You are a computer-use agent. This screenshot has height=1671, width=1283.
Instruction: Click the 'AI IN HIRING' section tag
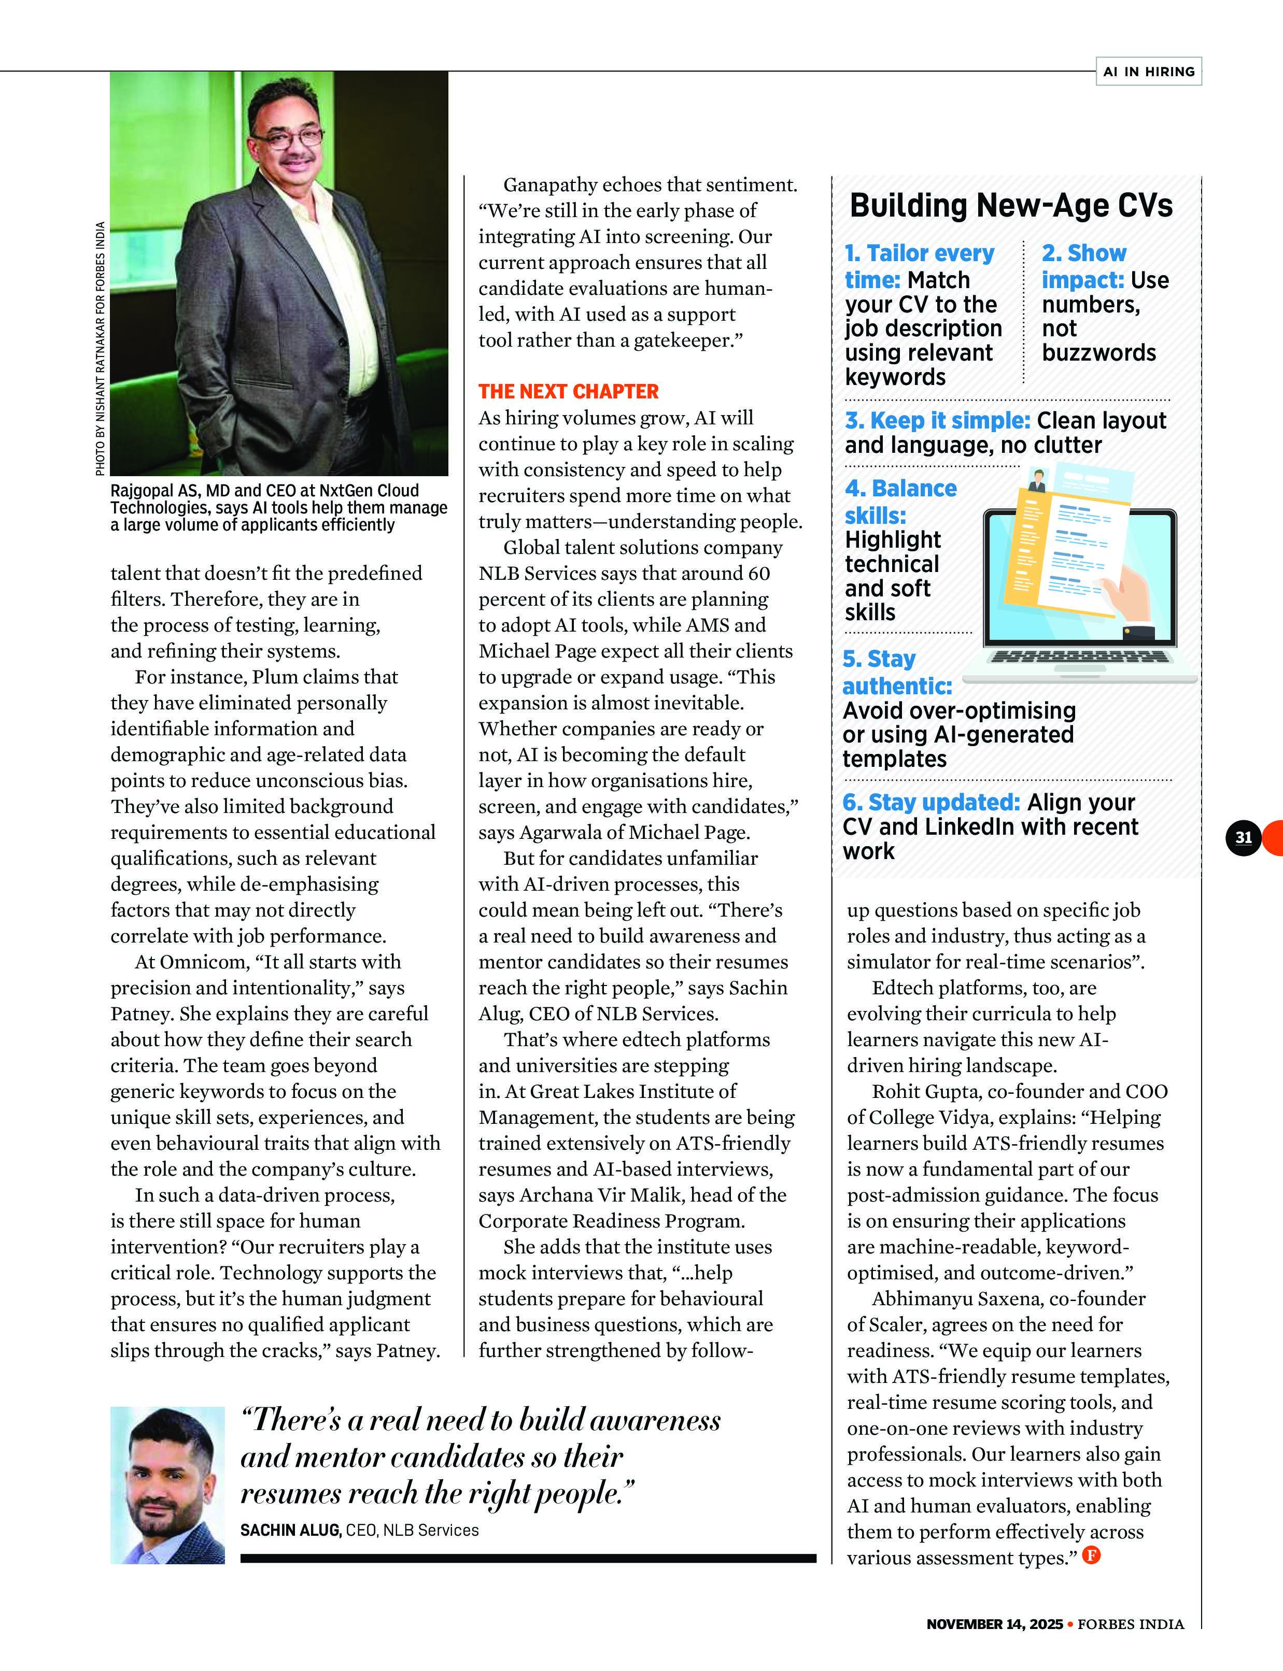coord(1148,71)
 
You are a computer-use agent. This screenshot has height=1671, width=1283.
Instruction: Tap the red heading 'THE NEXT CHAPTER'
coord(568,392)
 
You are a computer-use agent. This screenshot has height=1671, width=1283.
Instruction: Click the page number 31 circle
coord(1243,837)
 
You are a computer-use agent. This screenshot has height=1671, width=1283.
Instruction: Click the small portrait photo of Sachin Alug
coord(167,1485)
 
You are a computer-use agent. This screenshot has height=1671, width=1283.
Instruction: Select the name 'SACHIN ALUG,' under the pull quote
coord(291,1530)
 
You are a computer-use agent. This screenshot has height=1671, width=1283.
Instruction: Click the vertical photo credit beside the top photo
coord(100,348)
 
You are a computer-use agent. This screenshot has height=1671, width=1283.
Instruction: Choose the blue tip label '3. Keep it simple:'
coord(938,421)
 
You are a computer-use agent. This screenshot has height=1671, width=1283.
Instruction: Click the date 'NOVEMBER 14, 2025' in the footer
coord(994,1624)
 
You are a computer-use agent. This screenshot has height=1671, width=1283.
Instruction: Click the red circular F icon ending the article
coord(1091,1555)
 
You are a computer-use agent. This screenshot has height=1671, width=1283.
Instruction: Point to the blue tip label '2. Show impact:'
coord(1083,266)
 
